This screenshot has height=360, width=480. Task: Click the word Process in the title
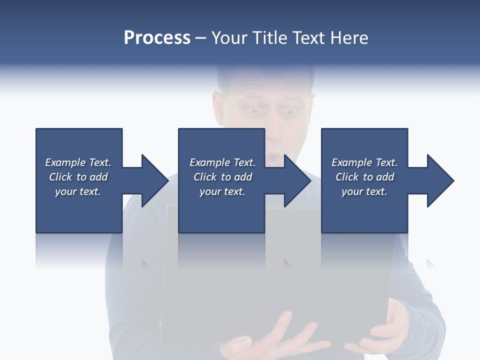click(x=157, y=38)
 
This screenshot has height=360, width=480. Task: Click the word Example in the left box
click(x=65, y=162)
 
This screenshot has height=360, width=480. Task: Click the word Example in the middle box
click(x=209, y=162)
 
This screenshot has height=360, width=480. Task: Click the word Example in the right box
click(x=351, y=162)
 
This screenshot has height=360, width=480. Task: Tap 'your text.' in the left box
click(x=78, y=191)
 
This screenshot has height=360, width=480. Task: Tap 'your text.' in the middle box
click(x=222, y=191)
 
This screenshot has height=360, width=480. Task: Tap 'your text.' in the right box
click(x=364, y=191)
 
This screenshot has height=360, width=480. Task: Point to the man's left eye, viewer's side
click(x=254, y=110)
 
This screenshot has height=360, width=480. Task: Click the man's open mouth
click(x=272, y=157)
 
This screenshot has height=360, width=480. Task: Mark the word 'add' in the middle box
click(x=243, y=177)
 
